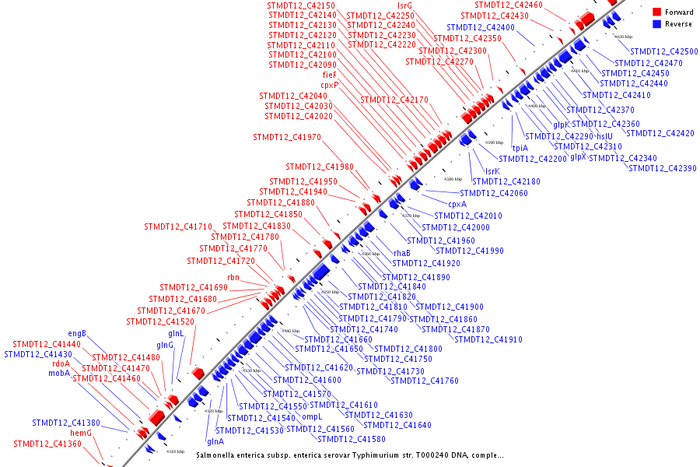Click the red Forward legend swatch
pyautogui.click(x=657, y=12)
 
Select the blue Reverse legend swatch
pyautogui.click(x=657, y=24)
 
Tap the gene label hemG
pyautogui.click(x=82, y=433)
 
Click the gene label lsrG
pyautogui.click(x=404, y=5)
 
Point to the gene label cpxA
pyautogui.click(x=457, y=204)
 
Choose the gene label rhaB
pyautogui.click(x=401, y=253)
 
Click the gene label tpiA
pyautogui.click(x=520, y=147)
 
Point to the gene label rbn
pyautogui.click(x=233, y=277)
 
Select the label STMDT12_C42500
pyautogui.click(x=664, y=51)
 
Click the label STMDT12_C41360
pyautogui.click(x=47, y=444)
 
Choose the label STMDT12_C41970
pyautogui.click(x=287, y=137)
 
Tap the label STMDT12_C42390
pyautogui.click(x=663, y=168)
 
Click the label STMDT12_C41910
pyautogui.click(x=488, y=339)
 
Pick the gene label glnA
pyautogui.click(x=215, y=441)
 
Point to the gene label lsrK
pyautogui.click(x=492, y=171)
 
